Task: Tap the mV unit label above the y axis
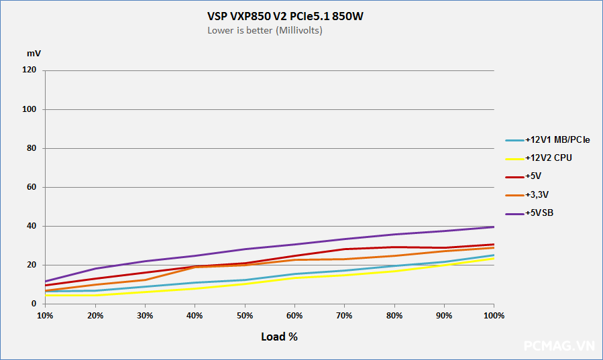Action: pos(34,52)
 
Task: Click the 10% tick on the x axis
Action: pos(45,315)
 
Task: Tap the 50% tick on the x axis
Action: pos(245,315)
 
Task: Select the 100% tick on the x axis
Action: pos(494,315)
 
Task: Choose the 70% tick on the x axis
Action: pos(345,315)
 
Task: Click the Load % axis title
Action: pos(279,337)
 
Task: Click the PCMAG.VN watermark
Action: pos(559,346)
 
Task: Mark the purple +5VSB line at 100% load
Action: pos(494,227)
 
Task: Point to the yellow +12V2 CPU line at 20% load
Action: pos(95,295)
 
